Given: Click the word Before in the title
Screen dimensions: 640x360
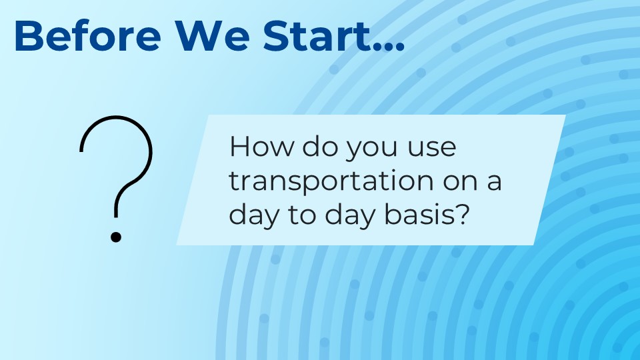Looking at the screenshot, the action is (x=87, y=35).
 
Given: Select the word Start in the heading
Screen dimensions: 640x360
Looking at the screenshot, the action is (x=317, y=35).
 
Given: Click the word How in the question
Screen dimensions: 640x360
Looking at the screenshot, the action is (x=261, y=146).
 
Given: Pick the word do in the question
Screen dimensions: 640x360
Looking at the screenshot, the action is (x=321, y=146).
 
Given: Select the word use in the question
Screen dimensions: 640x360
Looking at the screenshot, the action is (x=431, y=149).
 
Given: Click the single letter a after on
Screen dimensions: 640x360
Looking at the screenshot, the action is (x=494, y=183).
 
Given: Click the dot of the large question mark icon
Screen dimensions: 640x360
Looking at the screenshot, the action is (x=116, y=237).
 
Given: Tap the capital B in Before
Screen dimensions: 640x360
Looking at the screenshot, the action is (x=29, y=35).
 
